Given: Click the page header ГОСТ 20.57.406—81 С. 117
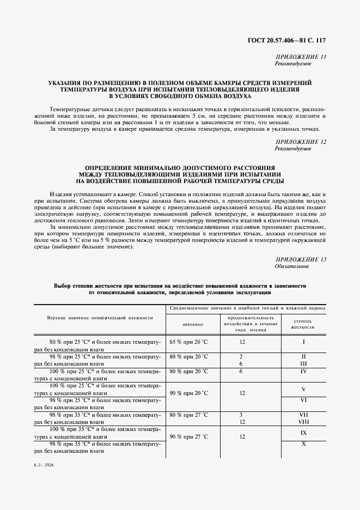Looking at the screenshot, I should click(x=294, y=40).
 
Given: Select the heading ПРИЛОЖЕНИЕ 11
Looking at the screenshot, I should click(x=301, y=57).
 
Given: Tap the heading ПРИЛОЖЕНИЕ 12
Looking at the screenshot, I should click(x=301, y=142).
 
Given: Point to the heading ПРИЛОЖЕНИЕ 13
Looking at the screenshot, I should click(x=301, y=259).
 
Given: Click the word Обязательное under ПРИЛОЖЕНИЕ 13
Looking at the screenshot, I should click(x=292, y=266).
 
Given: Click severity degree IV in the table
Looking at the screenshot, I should click(x=304, y=371).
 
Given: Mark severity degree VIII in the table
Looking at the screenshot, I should click(x=304, y=421).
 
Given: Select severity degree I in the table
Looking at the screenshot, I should click(x=304, y=342).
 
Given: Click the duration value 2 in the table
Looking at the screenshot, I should click(x=240, y=356).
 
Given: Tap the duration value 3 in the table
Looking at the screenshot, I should click(x=240, y=414).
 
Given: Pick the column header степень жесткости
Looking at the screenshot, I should click(x=304, y=324).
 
